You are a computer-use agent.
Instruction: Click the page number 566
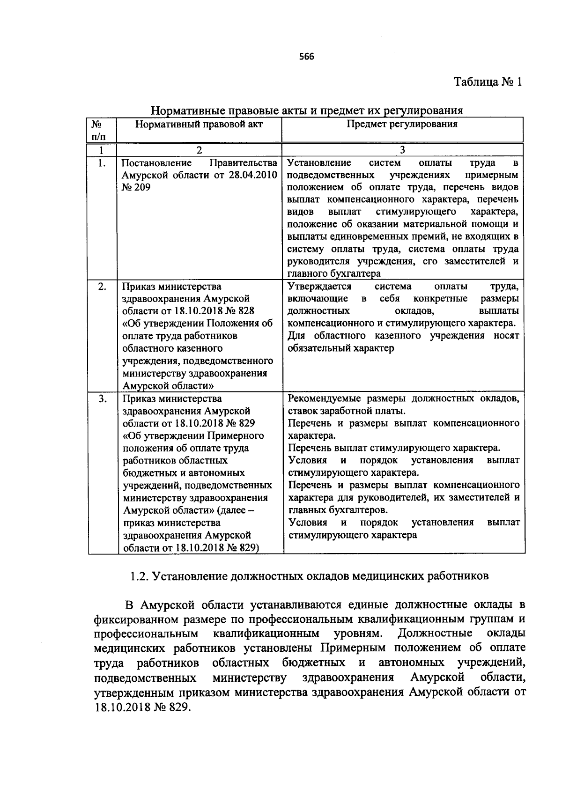coord(306,57)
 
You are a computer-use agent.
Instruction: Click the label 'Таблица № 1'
coord(488,82)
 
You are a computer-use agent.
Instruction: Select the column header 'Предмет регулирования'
coord(402,124)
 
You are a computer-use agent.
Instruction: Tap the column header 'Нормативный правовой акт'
coord(199,124)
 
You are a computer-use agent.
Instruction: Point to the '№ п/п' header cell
coord(97,130)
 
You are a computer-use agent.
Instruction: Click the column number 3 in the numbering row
coord(402,150)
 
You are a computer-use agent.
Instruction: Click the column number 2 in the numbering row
coord(199,150)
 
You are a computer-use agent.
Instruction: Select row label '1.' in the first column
coord(102,163)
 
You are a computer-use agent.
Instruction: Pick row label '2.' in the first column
coord(102,287)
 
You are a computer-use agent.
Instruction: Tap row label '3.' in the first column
coord(102,398)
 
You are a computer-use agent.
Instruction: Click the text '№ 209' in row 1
coord(136,188)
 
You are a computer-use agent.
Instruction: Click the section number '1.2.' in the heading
coord(139,575)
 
